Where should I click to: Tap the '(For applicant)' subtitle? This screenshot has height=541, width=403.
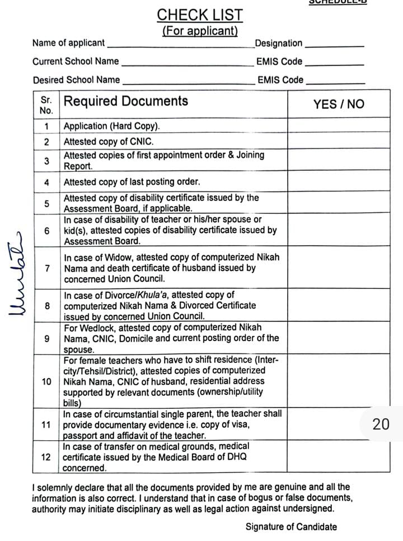(200, 31)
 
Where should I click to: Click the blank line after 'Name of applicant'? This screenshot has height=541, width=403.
(180, 45)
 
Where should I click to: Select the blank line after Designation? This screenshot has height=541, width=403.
(334, 45)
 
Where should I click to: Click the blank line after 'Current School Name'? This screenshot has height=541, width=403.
(187, 63)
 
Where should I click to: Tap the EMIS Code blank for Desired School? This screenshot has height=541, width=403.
(335, 82)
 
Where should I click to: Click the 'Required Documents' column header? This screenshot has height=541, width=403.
(126, 101)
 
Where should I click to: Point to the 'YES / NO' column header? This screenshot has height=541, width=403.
(338, 104)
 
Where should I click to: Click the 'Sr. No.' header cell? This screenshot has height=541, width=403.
(46, 104)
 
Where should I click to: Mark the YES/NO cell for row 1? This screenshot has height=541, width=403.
(338, 125)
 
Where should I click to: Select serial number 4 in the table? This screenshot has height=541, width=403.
(46, 182)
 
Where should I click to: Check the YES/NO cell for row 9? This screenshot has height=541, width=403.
(338, 338)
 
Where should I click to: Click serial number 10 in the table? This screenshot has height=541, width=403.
(46, 381)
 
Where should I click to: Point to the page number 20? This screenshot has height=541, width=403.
(381, 425)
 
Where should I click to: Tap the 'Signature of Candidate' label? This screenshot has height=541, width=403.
(291, 526)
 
